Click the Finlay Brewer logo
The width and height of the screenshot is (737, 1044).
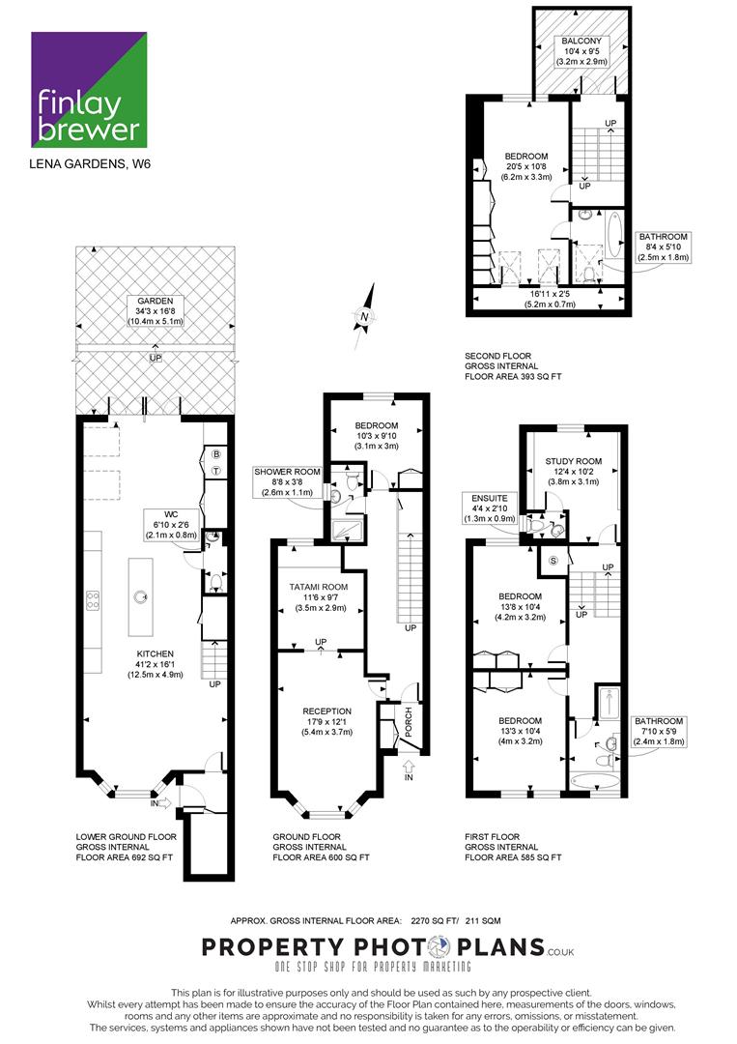tap(89, 89)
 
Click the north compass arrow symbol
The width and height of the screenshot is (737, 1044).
tap(364, 316)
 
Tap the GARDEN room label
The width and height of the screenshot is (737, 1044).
tap(155, 301)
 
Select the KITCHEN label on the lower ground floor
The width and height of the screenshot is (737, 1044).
tap(155, 653)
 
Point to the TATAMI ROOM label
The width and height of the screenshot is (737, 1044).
tap(319, 588)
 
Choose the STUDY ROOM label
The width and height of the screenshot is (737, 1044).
tap(574, 461)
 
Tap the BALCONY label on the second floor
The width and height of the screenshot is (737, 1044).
tap(581, 42)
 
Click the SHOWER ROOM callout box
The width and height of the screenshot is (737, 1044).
tap(287, 482)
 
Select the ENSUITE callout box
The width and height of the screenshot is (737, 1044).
tap(490, 508)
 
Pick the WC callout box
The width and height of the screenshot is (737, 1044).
tap(171, 525)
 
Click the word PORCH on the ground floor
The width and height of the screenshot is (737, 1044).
tap(409, 722)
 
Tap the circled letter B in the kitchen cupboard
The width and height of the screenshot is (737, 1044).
tap(215, 454)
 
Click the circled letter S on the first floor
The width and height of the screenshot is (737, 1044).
tap(553, 561)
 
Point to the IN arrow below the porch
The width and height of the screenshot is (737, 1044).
tap(409, 769)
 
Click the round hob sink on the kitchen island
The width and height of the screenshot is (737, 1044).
tap(141, 596)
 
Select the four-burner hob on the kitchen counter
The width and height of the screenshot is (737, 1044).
tap(93, 600)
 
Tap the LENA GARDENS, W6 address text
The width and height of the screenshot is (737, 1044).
tap(90, 163)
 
